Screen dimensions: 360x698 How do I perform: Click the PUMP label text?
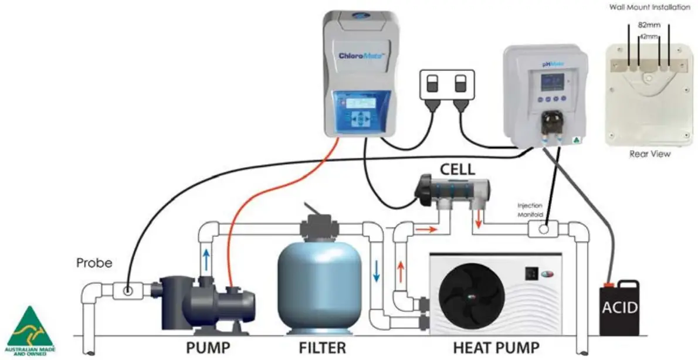[209, 347]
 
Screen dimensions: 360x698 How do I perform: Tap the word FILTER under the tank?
[322, 347]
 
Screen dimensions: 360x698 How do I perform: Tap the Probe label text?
[94, 263]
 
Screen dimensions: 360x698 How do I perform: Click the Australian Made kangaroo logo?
[30, 332]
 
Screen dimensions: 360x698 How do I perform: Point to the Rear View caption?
[649, 154]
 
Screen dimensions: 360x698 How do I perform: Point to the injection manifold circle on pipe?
[544, 229]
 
